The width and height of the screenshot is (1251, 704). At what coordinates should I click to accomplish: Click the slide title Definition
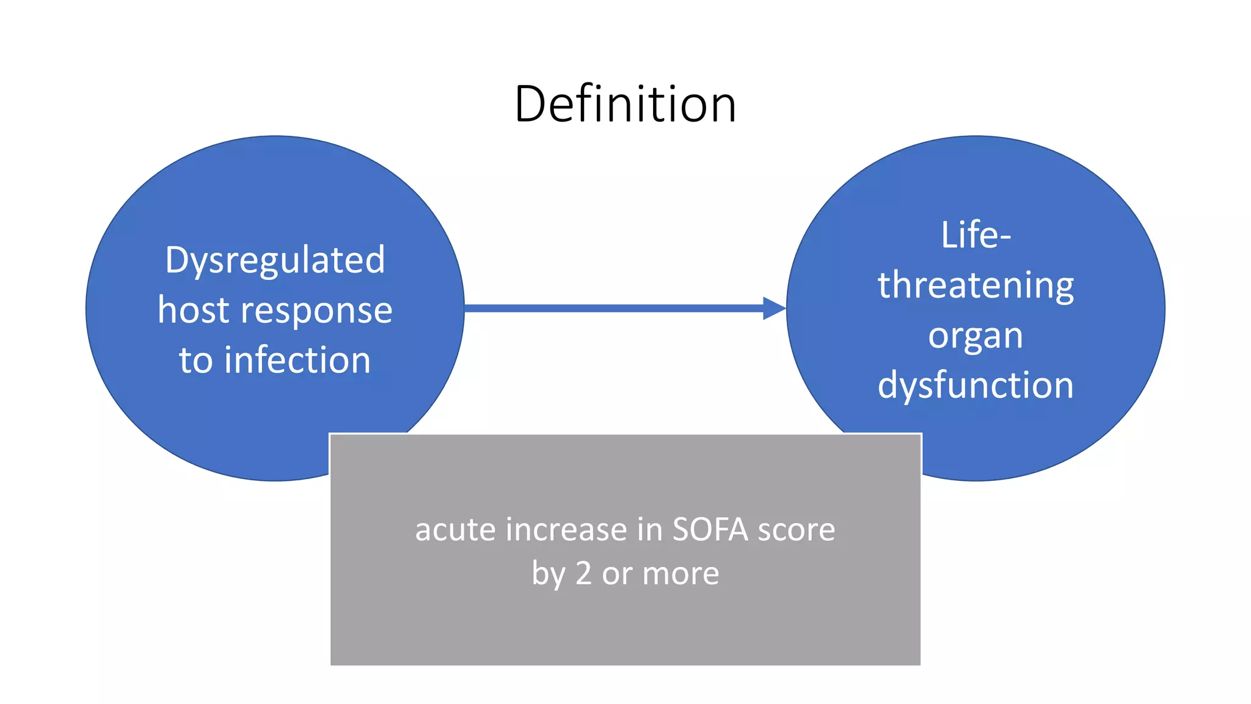click(x=625, y=104)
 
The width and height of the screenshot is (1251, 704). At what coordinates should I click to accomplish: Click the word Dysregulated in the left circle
click(x=275, y=261)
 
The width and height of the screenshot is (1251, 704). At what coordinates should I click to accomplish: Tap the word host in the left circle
click(x=193, y=310)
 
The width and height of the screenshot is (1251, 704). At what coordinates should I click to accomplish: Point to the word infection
click(x=297, y=360)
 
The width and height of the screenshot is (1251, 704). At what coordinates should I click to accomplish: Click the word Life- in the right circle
click(x=976, y=235)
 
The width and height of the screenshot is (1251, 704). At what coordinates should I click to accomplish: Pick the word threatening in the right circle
click(x=976, y=285)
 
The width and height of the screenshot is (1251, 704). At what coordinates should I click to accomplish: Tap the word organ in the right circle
click(x=976, y=336)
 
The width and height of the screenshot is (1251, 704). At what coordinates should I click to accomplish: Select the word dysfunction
click(x=976, y=386)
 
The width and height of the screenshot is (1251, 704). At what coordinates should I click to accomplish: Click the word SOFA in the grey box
click(x=710, y=529)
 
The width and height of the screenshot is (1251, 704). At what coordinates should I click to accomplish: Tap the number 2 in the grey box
click(x=583, y=573)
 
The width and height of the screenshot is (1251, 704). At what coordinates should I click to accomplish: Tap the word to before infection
click(x=195, y=360)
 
